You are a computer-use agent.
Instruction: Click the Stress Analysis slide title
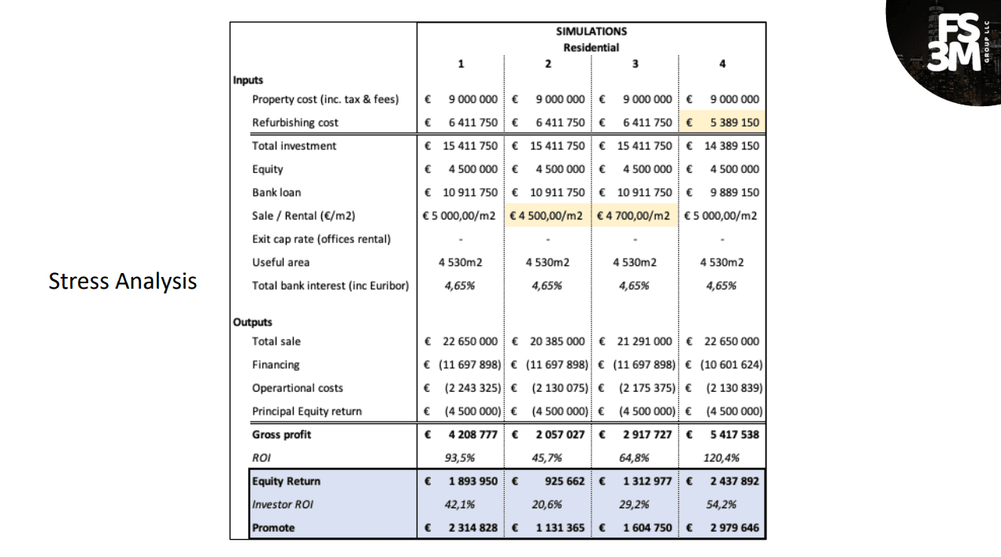[x=122, y=281]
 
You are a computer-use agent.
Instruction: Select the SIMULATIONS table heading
[x=591, y=31]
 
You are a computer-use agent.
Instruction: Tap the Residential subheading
[x=591, y=47]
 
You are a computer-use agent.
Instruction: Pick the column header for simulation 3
[x=635, y=65]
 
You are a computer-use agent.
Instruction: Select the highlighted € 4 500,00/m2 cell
[x=547, y=216]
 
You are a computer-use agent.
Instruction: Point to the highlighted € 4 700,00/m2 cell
[x=635, y=216]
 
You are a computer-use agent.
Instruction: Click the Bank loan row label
[x=276, y=193]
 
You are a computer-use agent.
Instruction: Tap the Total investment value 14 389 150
[x=732, y=146]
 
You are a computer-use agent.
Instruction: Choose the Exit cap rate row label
[x=321, y=239]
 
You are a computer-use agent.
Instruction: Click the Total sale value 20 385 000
[x=558, y=341]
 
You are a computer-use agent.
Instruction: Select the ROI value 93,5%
[x=460, y=458]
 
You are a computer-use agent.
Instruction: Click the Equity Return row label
[x=287, y=481]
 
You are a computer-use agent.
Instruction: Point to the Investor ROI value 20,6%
[x=547, y=504]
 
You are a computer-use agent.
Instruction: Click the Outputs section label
[x=253, y=322]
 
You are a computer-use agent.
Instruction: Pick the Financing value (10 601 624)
[x=730, y=365]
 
